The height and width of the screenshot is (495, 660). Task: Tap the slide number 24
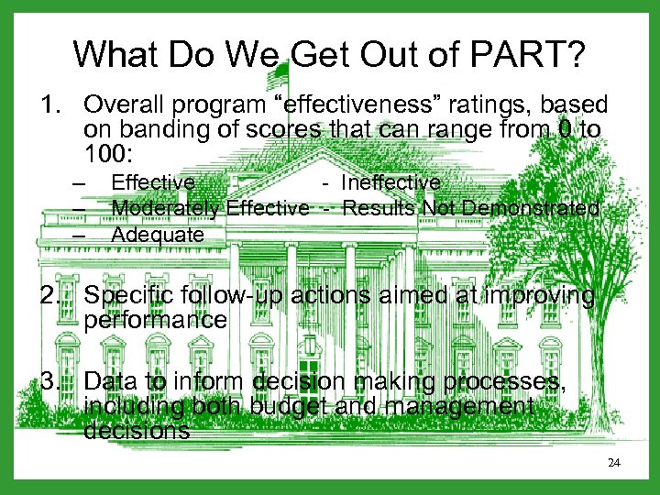point(614,463)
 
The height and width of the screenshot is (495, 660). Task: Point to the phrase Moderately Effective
point(210,209)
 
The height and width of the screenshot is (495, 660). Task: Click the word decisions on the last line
point(137,429)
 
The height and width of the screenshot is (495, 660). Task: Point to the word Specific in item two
point(125,296)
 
